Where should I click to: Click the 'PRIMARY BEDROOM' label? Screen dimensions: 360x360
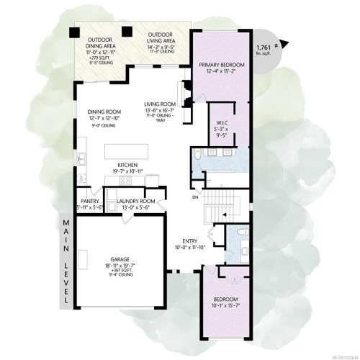click(221, 65)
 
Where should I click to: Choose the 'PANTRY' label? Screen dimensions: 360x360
click(90, 201)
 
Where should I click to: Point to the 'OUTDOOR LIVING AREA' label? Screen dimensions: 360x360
click(160, 38)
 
